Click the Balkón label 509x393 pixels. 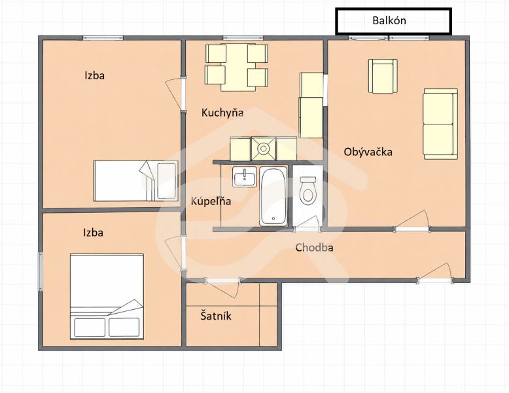tap(389, 20)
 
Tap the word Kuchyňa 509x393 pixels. tap(222, 113)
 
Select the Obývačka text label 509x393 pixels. tap(368, 152)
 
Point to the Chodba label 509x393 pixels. tap(314, 248)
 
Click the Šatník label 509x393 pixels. tap(216, 316)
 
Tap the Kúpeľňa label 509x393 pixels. tap(211, 201)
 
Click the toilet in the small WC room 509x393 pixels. tap(307, 191)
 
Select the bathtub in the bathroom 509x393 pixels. tap(273, 196)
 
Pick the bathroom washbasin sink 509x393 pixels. tap(244, 177)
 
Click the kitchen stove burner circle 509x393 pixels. tap(263, 149)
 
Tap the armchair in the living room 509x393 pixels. tap(383, 76)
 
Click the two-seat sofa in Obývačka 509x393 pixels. tap(440, 124)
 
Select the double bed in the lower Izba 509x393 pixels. tap(107, 297)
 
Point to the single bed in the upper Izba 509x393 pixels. tap(136, 181)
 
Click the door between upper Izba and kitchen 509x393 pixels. tap(175, 95)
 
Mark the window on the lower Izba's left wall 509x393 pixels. tap(41, 271)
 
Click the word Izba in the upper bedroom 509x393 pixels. tap(94, 75)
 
